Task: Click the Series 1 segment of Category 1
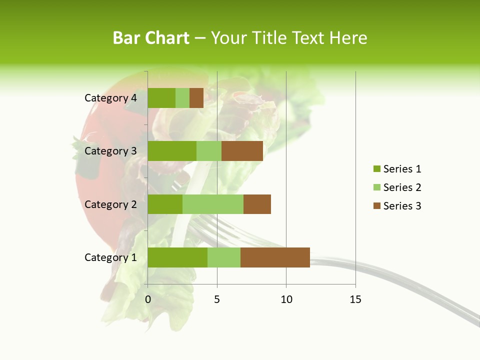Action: coord(177,257)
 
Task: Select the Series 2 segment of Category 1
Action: coord(224,257)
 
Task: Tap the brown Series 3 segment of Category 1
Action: coord(275,257)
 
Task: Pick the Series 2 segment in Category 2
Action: coord(213,204)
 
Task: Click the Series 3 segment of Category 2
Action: coord(257,204)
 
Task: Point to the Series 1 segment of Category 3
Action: coord(172,151)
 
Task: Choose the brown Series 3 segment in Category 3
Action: coord(242,151)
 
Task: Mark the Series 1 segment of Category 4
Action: coord(161,98)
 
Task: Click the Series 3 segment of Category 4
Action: coord(196,98)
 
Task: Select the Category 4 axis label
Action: coord(110,98)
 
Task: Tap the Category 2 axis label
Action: coord(110,204)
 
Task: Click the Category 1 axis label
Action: coord(110,257)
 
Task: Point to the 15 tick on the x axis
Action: coord(355,299)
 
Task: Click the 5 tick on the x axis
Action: coord(217,299)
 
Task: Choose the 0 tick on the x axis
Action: coord(148,299)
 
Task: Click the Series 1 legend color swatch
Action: coord(376,169)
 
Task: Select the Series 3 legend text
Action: coord(402,206)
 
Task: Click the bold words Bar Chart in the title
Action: coord(151,38)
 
